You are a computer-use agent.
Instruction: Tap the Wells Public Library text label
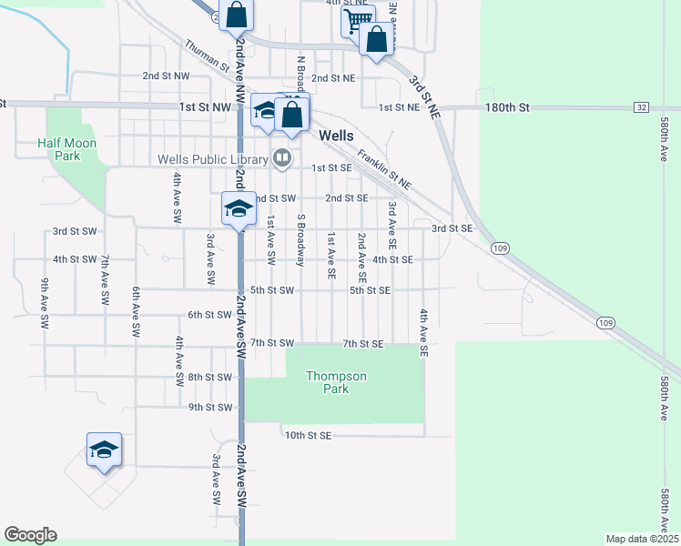212,159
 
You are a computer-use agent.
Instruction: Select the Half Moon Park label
66,149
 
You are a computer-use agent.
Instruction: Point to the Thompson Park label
336,382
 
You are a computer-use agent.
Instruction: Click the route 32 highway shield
642,107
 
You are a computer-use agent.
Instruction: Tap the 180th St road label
508,107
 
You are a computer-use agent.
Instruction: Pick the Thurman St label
207,56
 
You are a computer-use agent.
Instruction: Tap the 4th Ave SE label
423,331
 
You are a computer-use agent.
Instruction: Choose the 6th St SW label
209,315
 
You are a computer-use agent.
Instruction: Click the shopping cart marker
358,19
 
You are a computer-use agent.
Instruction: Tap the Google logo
30,535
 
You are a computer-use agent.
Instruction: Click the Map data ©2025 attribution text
641,539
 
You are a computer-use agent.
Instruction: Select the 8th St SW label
209,377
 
